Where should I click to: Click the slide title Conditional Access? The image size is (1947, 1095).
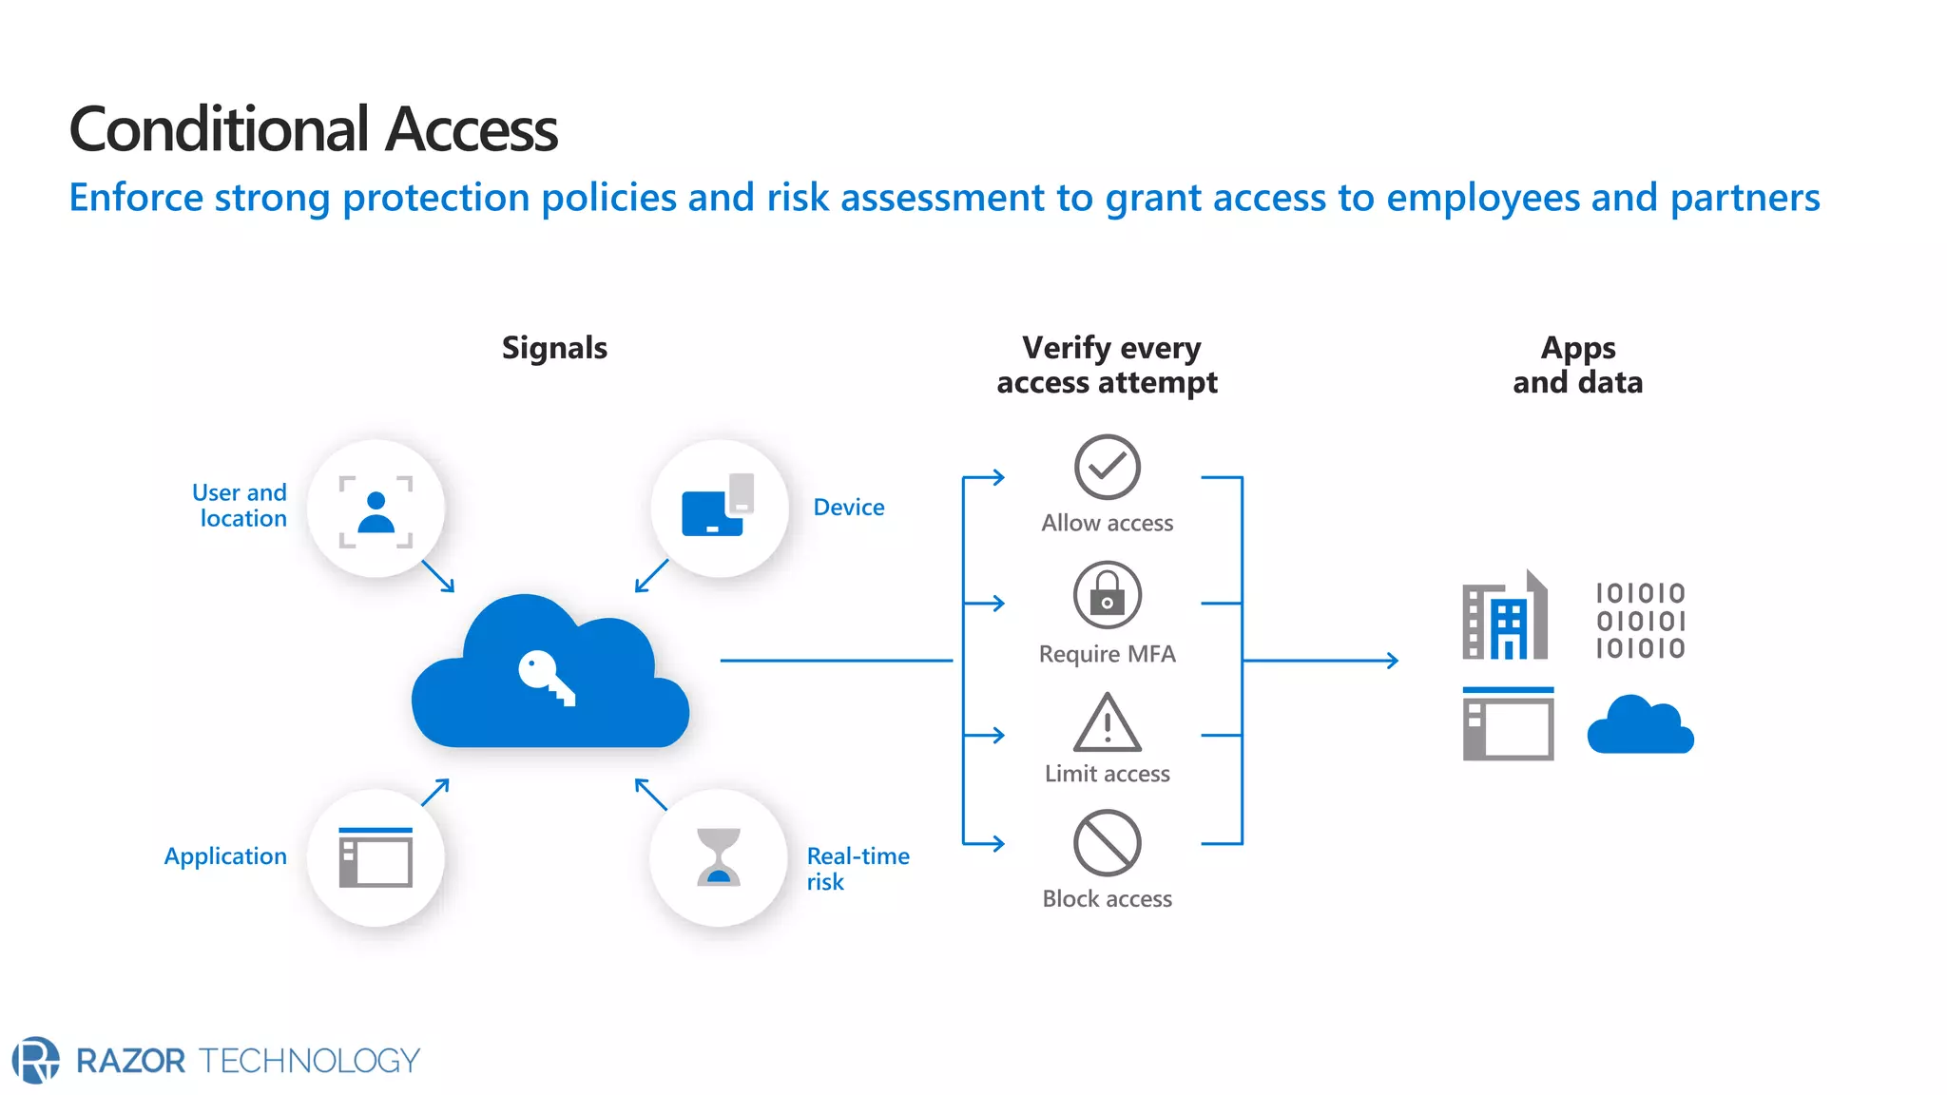[x=313, y=129]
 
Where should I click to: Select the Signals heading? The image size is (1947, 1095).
[x=554, y=348]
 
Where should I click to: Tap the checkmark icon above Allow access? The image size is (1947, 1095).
[x=1107, y=467]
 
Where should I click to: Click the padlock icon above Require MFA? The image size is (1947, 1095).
[x=1107, y=595]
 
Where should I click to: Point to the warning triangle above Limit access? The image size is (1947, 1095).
[x=1107, y=723]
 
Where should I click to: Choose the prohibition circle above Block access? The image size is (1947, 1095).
[x=1107, y=843]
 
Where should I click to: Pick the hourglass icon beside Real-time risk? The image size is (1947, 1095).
[x=719, y=856]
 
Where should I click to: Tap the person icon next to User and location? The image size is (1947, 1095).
[x=376, y=512]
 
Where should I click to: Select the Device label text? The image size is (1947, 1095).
[x=848, y=508]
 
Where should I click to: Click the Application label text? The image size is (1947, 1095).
[x=225, y=856]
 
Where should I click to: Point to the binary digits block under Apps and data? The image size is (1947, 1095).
[x=1640, y=621]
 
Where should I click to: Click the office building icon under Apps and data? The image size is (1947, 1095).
[x=1505, y=617]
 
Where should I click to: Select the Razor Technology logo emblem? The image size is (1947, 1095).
[x=36, y=1060]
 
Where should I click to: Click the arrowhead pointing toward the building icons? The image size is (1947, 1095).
[x=1392, y=660]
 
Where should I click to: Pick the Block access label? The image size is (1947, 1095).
[x=1107, y=899]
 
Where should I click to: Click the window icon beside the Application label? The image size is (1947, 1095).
[x=376, y=857]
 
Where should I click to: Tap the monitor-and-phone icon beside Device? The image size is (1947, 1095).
[x=718, y=507]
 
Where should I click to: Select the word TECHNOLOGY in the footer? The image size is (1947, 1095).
[x=310, y=1061]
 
